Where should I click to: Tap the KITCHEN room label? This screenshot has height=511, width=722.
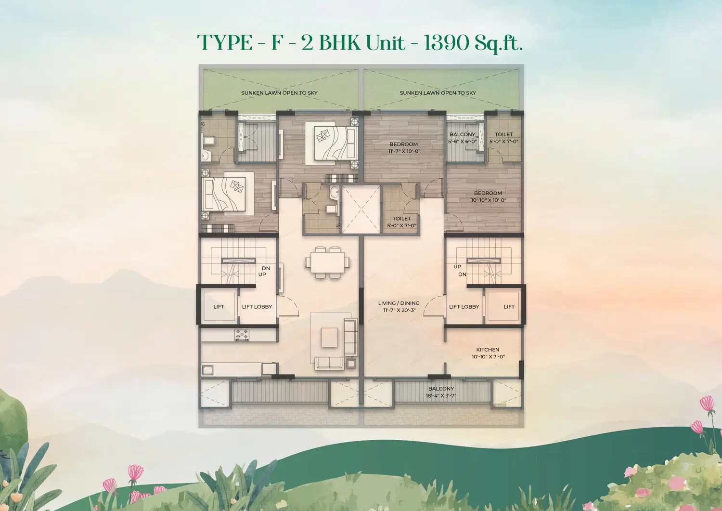click(488, 350)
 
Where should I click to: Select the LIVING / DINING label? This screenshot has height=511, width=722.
click(399, 303)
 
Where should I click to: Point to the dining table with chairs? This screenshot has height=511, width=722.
click(327, 262)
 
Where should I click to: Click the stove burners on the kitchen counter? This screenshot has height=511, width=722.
click(242, 335)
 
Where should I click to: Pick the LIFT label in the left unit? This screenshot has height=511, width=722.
click(219, 307)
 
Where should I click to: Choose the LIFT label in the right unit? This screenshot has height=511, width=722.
click(509, 307)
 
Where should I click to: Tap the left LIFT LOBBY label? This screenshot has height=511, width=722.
click(257, 307)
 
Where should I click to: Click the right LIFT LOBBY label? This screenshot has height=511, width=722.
click(464, 307)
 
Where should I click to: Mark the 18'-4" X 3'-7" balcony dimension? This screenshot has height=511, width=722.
click(441, 396)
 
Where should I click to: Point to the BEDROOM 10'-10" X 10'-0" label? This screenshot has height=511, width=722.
click(488, 197)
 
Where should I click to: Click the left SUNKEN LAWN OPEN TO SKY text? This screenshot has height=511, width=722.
click(280, 93)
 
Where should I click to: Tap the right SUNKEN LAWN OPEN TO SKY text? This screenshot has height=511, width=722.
click(438, 93)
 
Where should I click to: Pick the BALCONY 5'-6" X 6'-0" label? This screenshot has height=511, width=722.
click(463, 138)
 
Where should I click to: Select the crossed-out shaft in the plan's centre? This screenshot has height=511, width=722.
click(361, 209)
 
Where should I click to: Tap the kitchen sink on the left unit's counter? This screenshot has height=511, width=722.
click(207, 370)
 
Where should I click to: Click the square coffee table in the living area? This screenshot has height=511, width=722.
click(329, 338)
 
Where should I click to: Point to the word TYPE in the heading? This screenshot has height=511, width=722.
click(225, 42)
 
